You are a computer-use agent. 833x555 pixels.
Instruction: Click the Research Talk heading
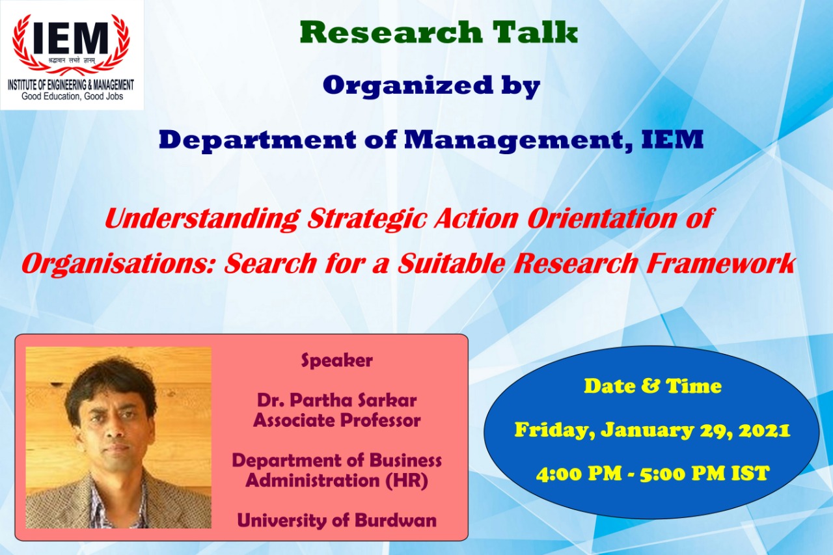pyautogui.click(x=439, y=33)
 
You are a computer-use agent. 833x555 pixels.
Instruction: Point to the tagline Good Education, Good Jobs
pyautogui.click(x=72, y=97)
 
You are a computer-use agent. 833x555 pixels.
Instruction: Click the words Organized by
pyautogui.click(x=431, y=86)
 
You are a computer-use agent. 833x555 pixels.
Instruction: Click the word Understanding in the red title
pyautogui.click(x=202, y=219)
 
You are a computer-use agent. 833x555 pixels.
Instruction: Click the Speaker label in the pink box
pyautogui.click(x=336, y=360)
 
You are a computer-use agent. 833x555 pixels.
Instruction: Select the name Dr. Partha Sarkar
pyautogui.click(x=336, y=399)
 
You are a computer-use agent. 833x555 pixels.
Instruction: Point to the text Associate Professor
pyautogui.click(x=336, y=420)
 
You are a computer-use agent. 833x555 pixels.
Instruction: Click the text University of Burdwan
pyautogui.click(x=336, y=521)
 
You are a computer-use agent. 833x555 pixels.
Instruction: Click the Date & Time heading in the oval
pyautogui.click(x=652, y=386)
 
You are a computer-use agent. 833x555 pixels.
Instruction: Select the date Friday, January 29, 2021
pyautogui.click(x=652, y=430)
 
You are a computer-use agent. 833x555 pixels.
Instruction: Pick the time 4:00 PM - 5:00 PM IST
pyautogui.click(x=652, y=474)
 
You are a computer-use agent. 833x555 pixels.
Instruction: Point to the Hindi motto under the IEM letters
pyautogui.click(x=71, y=60)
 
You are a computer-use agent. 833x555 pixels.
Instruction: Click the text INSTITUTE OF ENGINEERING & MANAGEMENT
pyautogui.click(x=71, y=85)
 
